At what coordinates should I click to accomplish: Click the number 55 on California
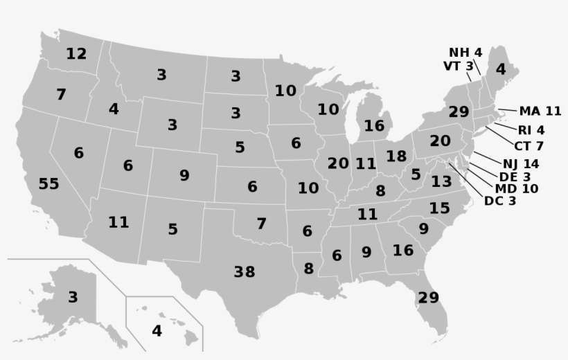(x=48, y=184)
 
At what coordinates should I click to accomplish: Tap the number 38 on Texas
(x=244, y=272)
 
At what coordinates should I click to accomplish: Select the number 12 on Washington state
(x=76, y=53)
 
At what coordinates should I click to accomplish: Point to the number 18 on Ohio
(x=396, y=156)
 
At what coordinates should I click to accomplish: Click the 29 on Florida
(x=428, y=298)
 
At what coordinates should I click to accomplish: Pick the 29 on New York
(x=459, y=112)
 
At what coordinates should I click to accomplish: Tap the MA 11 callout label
(x=540, y=111)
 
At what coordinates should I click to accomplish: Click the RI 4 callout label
(x=531, y=130)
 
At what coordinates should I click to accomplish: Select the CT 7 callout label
(x=529, y=146)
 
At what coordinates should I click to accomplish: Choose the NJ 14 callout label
(x=521, y=164)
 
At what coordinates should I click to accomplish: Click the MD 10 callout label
(x=516, y=188)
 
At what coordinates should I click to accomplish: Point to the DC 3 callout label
(x=499, y=201)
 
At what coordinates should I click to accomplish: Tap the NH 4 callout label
(x=465, y=53)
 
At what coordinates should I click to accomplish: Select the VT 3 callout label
(x=458, y=66)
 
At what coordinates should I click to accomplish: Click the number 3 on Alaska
(x=73, y=298)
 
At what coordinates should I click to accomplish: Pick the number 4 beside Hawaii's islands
(x=157, y=331)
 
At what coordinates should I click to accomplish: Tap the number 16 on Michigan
(x=374, y=126)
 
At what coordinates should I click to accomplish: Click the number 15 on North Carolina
(x=439, y=208)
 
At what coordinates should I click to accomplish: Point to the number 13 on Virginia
(x=441, y=182)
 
